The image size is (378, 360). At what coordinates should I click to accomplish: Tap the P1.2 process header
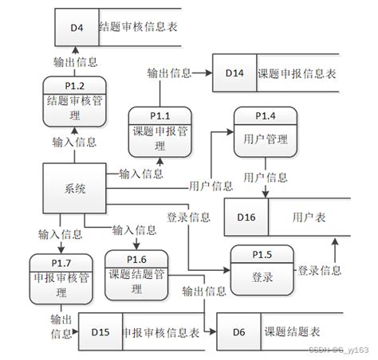pyautogui.click(x=74, y=85)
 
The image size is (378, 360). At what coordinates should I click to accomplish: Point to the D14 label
pyautogui.click(x=234, y=72)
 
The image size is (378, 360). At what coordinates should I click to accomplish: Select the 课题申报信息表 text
pyautogui.click(x=297, y=72)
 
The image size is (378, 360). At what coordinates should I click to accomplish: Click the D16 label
pyautogui.click(x=246, y=216)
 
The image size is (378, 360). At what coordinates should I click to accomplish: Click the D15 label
pyautogui.click(x=100, y=332)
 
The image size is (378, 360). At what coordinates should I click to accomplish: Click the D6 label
pyautogui.click(x=238, y=332)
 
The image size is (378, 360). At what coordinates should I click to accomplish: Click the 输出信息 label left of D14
pyautogui.click(x=169, y=72)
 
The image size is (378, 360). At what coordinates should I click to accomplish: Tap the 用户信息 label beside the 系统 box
pyautogui.click(x=211, y=186)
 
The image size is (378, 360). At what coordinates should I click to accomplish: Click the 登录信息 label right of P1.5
pyautogui.click(x=321, y=272)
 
